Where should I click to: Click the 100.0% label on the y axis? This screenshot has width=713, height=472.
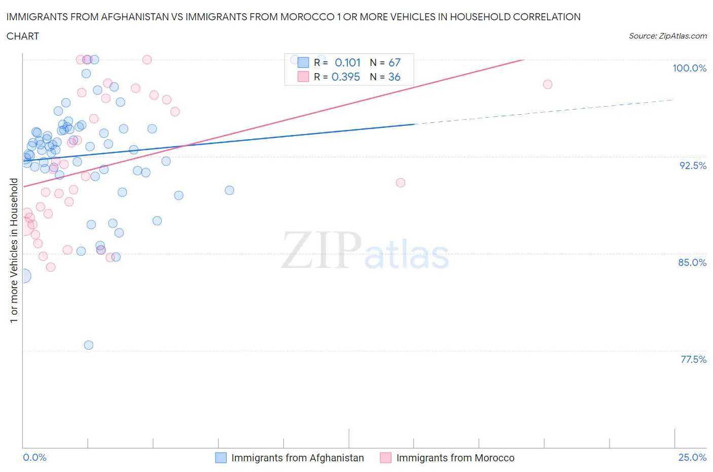coord(689,68)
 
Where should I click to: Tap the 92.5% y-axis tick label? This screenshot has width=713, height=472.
coord(693,165)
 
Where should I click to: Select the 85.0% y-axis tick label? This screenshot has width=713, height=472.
coord(692,262)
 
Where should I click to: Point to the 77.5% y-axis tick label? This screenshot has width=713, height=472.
coord(693,359)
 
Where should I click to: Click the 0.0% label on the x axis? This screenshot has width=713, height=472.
coord(34,457)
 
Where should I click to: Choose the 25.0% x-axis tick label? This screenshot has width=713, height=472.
coord(692,457)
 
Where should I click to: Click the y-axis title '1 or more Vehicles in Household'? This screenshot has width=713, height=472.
coord(14,250)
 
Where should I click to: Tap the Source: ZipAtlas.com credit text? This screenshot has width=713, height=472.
coord(667,36)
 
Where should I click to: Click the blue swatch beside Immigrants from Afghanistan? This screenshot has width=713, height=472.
coord(221,458)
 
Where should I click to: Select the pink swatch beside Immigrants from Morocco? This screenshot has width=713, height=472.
coord(386,458)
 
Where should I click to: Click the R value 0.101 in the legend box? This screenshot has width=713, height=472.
coord(347,62)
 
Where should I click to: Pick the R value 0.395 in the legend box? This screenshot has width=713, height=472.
coord(345,77)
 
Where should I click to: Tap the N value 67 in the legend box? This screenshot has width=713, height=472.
coord(394,62)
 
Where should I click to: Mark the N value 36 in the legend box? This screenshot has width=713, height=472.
coord(394,77)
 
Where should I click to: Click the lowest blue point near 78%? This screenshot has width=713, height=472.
coord(89,345)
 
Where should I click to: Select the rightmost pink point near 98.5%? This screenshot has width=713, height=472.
coord(547,84)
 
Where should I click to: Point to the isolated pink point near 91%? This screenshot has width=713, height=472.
coord(401,183)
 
